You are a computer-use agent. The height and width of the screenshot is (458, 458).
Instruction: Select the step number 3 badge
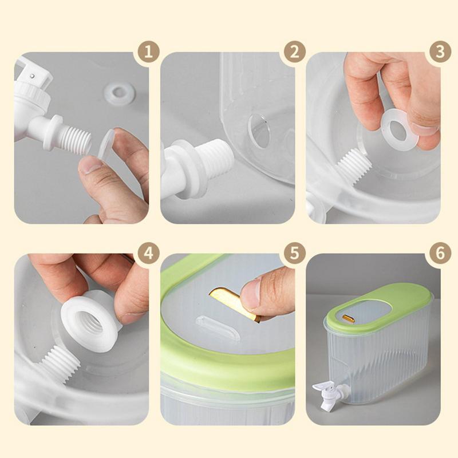[440, 53]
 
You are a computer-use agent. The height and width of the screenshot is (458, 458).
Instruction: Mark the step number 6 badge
[440, 253]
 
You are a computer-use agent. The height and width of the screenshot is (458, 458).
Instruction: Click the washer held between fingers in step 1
[106, 143]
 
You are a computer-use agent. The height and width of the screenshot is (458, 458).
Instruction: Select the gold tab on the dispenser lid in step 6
[348, 318]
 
